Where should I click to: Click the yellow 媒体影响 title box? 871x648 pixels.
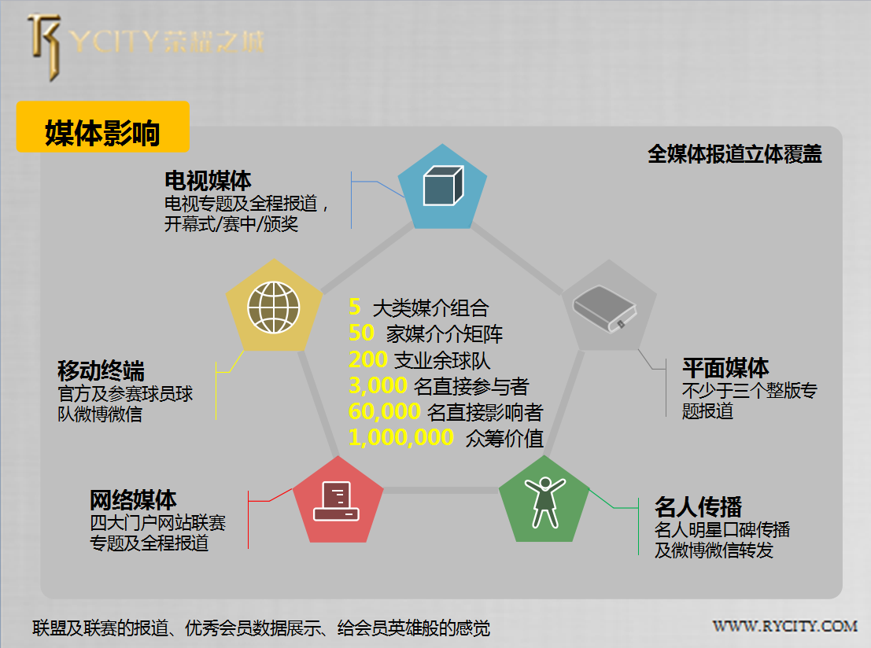pos(103,127)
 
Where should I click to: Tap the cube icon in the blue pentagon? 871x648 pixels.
pos(443,186)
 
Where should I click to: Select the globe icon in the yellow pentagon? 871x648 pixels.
pos(273,307)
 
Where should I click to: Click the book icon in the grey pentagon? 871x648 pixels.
pos(604,309)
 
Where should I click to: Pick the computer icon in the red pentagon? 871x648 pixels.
pos(336,501)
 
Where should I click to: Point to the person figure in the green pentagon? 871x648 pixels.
pos(545,502)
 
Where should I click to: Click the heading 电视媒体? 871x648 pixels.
pos(208,181)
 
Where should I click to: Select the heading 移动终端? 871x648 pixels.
pos(101,370)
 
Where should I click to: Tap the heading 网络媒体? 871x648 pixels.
pos(133,499)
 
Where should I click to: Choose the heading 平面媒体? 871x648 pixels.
pos(725,367)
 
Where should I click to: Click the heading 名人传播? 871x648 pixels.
pos(698,506)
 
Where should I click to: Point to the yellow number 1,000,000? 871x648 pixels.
pos(401,437)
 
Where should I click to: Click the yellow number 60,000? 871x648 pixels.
pos(385,411)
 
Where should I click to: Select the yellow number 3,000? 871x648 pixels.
pos(378,385)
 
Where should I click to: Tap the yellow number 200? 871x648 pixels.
pos(367,359)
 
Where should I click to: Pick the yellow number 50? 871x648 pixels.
pos(362,333)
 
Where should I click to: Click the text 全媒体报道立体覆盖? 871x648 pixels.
pos(734,154)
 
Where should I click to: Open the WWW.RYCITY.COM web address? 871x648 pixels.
pos(785,626)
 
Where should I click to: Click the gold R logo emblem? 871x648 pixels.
pos(44,47)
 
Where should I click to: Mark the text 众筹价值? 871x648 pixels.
pos(504,439)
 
